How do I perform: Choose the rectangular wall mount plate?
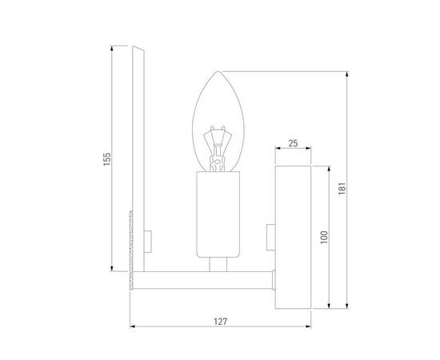[294, 237]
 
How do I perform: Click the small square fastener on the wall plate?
[270, 236]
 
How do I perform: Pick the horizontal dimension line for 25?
[294, 149]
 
